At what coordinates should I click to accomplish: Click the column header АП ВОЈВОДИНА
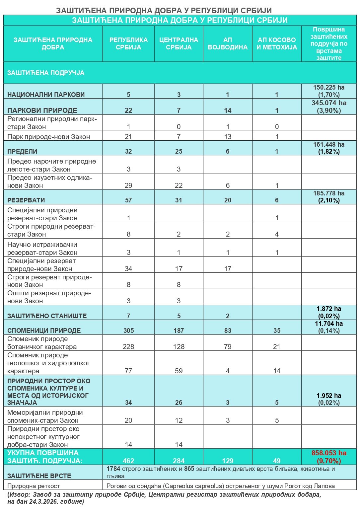(228, 43)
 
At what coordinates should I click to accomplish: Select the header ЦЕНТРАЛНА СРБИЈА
(179, 43)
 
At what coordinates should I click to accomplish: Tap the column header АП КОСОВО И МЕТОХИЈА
(277, 43)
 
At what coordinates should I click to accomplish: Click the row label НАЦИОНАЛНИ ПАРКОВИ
(46, 95)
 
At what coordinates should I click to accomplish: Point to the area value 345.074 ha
(329, 103)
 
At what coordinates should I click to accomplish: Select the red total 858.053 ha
(329, 453)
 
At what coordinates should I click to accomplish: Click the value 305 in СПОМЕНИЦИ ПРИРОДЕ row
(128, 330)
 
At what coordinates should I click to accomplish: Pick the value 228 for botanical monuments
(128, 347)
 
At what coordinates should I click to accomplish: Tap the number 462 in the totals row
(128, 461)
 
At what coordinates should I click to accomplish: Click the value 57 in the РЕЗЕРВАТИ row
(128, 200)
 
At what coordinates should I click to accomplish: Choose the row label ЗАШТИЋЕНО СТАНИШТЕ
(47, 316)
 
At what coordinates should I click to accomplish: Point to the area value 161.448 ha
(329, 144)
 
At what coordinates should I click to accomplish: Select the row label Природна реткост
(34, 486)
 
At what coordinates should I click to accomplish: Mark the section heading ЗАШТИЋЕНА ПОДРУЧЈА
(46, 73)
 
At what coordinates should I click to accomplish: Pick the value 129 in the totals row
(228, 461)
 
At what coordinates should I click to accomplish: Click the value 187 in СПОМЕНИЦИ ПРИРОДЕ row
(179, 330)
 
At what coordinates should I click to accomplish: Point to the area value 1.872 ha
(329, 309)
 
